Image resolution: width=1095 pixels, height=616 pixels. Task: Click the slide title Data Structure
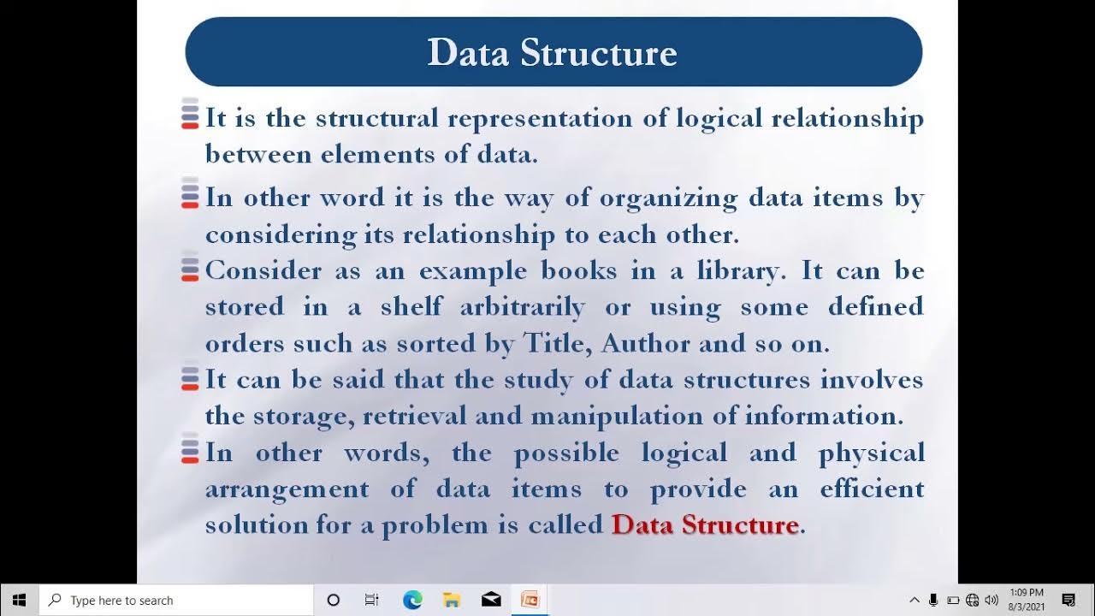pos(553,53)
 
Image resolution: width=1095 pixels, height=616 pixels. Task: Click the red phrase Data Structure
pos(705,524)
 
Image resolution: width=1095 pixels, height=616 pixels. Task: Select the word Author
pos(646,344)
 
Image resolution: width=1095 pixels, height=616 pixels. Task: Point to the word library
pos(736,271)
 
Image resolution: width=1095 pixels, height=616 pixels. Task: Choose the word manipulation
pos(624,417)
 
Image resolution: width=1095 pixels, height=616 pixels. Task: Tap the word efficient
pos(872,489)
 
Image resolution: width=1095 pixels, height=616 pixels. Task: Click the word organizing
pos(668,198)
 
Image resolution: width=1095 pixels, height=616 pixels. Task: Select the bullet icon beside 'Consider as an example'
pos(190,270)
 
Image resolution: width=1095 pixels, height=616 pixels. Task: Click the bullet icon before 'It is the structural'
pos(190,116)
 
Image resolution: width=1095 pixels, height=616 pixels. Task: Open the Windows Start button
pos(19,600)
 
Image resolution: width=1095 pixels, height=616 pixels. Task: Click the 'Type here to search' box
pos(176,601)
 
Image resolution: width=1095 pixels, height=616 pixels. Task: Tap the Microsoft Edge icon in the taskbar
pos(412,600)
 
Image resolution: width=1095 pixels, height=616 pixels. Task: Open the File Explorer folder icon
pos(452,600)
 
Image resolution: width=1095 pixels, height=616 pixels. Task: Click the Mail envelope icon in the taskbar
pos(491,600)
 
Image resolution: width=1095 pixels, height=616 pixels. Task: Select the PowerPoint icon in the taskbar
pos(530,600)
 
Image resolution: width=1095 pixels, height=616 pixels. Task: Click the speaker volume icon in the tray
pos(991,601)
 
